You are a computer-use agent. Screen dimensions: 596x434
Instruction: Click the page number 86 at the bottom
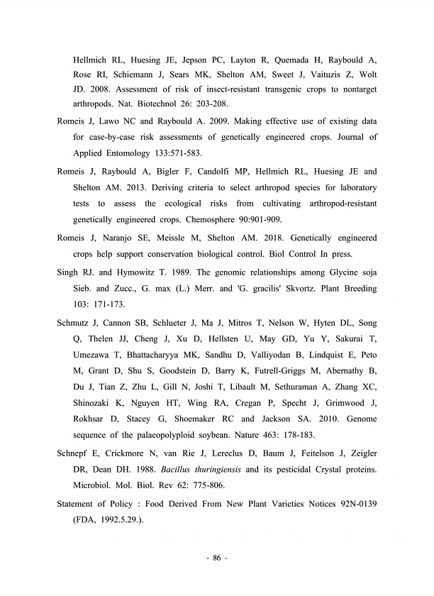tap(216, 559)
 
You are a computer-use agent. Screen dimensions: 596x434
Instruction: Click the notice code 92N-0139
tap(354, 504)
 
